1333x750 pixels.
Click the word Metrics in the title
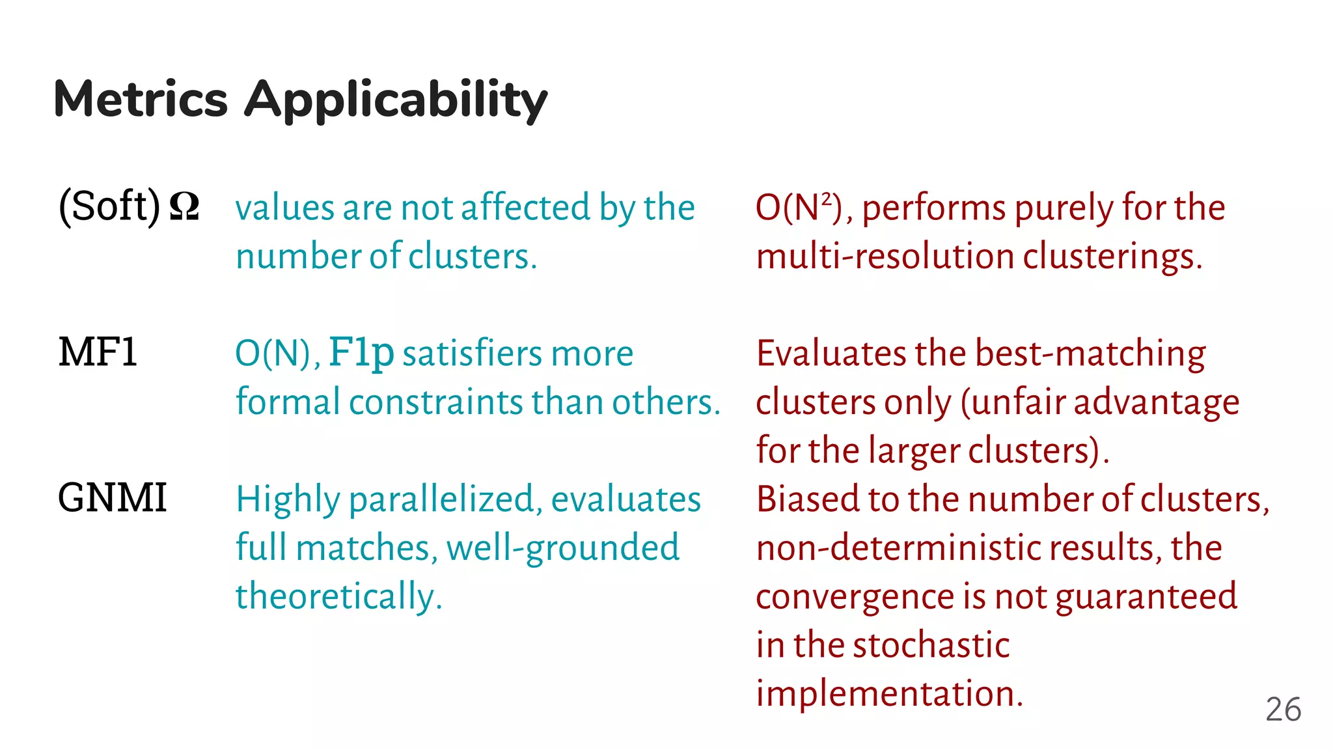pos(141,99)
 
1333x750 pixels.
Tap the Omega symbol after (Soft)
pos(184,207)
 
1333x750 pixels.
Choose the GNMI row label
pos(112,498)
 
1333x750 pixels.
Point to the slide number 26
pos(1283,709)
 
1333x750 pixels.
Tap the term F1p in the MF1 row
pos(361,354)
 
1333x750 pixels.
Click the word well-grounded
pos(563,548)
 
